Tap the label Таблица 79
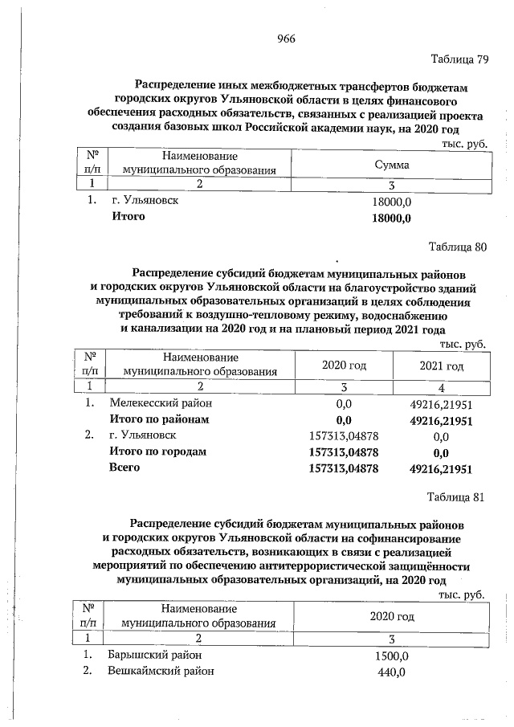(x=459, y=60)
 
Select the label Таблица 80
(x=458, y=247)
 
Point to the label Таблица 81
(x=456, y=496)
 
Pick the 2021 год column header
(x=441, y=366)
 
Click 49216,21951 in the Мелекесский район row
(x=440, y=405)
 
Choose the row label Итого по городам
(x=157, y=451)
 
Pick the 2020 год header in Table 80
(x=344, y=366)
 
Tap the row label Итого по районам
(x=159, y=420)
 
